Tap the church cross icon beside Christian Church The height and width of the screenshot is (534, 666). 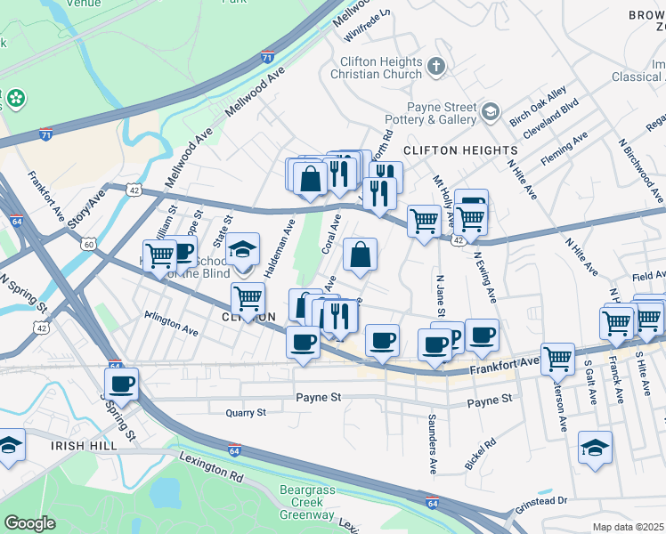tap(436, 64)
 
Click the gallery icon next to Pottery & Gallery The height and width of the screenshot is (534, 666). tap(490, 111)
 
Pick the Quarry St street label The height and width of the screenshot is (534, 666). tap(246, 413)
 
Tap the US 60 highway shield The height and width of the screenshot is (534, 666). tap(88, 243)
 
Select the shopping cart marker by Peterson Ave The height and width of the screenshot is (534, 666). tap(557, 358)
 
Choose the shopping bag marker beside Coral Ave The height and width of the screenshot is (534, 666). tap(360, 255)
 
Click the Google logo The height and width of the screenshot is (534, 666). tap(29, 522)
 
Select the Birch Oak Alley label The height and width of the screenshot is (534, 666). tap(537, 107)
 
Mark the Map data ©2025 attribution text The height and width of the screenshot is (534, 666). tap(629, 527)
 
